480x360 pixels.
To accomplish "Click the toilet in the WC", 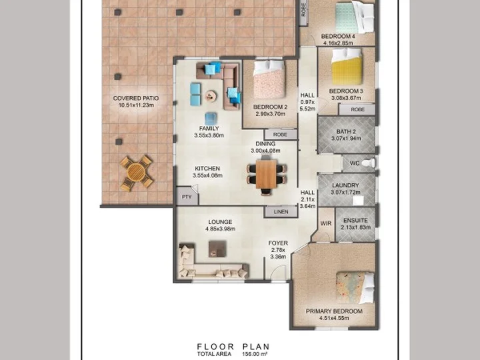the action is point(369,162).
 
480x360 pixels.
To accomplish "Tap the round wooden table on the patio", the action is point(137,173).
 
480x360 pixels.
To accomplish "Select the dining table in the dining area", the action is point(266,175).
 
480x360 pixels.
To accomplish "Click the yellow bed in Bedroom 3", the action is point(347,67).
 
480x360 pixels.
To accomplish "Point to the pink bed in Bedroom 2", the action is point(269,79).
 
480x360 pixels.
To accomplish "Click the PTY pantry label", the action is point(187,197).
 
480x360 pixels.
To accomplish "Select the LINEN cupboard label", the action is point(281,211).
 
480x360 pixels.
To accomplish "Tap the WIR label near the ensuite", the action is point(326,223).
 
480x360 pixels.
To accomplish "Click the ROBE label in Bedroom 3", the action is point(357,109).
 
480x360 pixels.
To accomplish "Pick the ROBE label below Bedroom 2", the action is point(280,135).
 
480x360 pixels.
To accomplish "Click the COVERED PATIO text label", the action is point(136,98).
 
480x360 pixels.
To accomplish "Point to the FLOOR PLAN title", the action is point(233,347).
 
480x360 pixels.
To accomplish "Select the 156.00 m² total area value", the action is point(255,354).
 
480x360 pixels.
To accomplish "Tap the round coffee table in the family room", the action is point(211,96).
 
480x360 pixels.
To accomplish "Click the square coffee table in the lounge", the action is point(217,249).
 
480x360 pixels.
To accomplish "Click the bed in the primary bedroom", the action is point(355,288).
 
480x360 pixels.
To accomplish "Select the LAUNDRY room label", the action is point(345,185).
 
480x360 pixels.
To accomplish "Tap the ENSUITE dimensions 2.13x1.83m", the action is point(356,227).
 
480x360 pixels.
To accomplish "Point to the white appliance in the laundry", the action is point(358,201).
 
